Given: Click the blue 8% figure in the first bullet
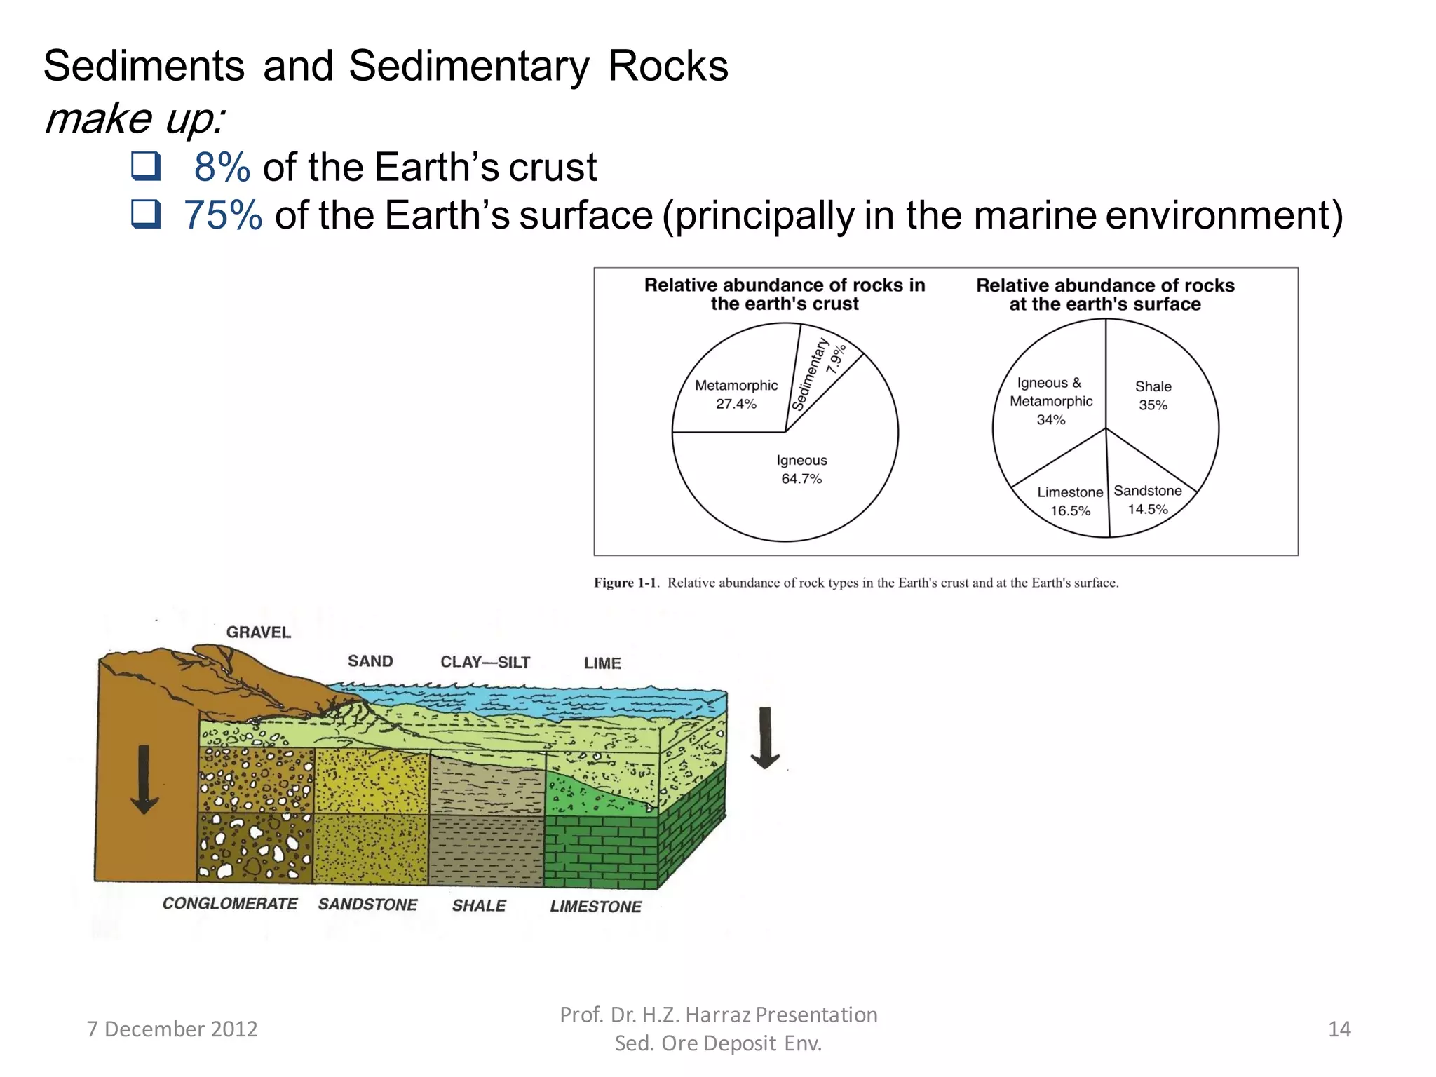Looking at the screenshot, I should pyautogui.click(x=222, y=167).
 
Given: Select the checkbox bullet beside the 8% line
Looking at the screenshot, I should pyautogui.click(x=146, y=166).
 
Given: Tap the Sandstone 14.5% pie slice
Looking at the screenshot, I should pyautogui.click(x=1146, y=501).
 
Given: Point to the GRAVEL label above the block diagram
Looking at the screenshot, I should pyautogui.click(x=258, y=632).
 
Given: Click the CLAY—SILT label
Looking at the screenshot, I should pyautogui.click(x=485, y=662).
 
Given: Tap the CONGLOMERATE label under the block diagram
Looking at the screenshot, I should pyautogui.click(x=230, y=904).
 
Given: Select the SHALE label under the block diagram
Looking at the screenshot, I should pyautogui.click(x=479, y=905).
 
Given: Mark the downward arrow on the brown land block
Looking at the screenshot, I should pyautogui.click(x=144, y=779).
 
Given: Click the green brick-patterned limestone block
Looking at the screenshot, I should pyautogui.click(x=601, y=851).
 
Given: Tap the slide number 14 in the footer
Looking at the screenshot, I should pyautogui.click(x=1339, y=1029).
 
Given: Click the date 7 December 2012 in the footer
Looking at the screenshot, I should pyautogui.click(x=172, y=1029).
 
